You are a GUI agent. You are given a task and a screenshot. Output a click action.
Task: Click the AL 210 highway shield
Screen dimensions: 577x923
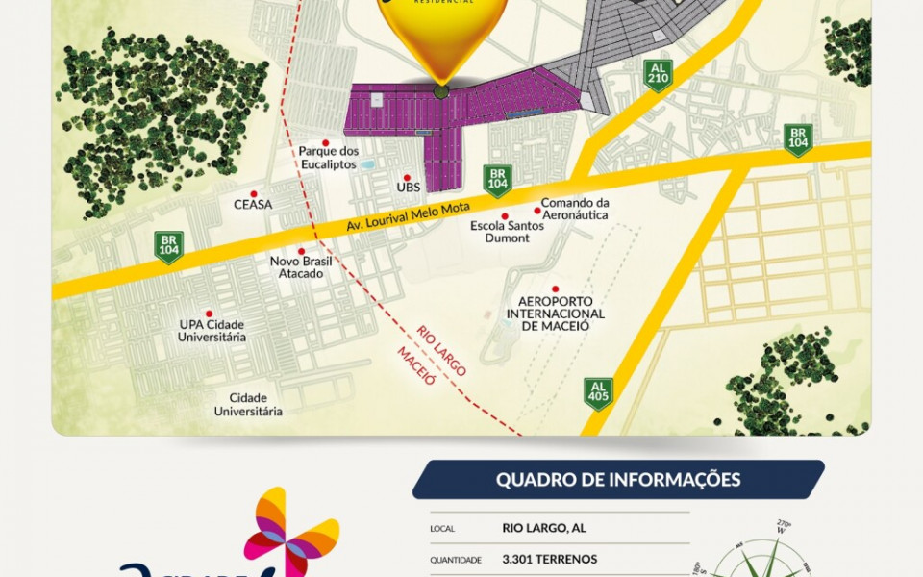[659, 75]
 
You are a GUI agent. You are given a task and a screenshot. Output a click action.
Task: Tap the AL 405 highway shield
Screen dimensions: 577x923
[598, 392]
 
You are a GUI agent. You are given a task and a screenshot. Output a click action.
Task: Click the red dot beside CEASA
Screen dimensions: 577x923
[253, 191]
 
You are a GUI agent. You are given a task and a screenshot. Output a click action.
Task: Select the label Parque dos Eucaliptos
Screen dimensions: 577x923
[328, 157]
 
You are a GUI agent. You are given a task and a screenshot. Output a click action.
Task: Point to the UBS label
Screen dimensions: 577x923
[409, 188]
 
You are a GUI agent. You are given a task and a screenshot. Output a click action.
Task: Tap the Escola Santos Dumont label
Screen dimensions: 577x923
[500, 232]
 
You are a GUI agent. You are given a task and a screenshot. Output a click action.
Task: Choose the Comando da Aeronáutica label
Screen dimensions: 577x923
[575, 209]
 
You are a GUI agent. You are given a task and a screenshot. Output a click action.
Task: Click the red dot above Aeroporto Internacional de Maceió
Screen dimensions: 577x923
[555, 288]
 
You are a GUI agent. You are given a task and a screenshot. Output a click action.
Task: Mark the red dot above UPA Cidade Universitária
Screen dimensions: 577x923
[210, 314]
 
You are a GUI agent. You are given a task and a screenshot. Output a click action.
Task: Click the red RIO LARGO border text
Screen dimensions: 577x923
[441, 351]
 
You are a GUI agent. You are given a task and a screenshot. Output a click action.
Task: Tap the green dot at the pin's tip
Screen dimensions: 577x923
[440, 92]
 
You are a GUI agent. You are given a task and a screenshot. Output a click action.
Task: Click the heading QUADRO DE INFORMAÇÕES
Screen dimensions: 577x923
[618, 480]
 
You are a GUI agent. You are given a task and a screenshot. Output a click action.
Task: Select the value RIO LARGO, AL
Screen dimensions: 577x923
[544, 528]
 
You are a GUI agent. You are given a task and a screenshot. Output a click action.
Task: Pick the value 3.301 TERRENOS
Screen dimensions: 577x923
[549, 559]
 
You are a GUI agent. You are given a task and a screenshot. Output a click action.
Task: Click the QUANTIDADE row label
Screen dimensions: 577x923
[455, 560]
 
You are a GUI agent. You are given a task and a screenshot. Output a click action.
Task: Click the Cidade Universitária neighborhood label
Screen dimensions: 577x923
[248, 405]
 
